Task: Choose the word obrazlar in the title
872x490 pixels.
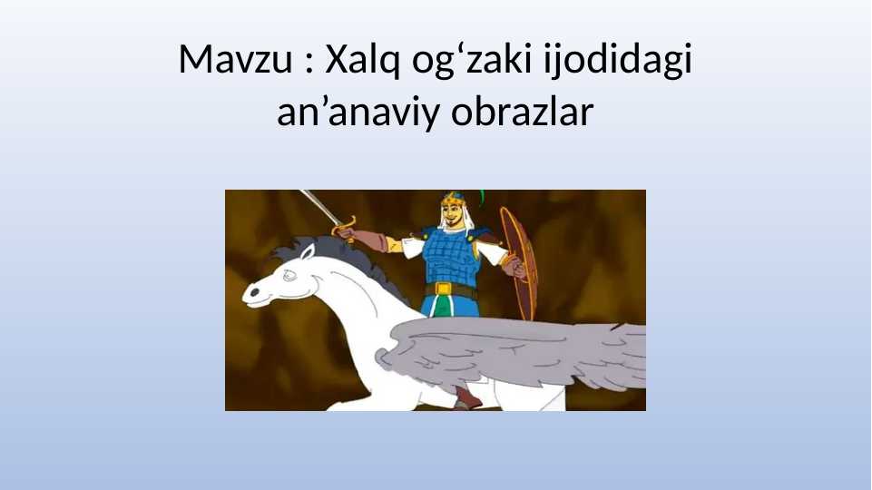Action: point(522,113)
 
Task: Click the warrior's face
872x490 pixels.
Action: point(451,216)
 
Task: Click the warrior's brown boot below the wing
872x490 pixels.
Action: point(464,398)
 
